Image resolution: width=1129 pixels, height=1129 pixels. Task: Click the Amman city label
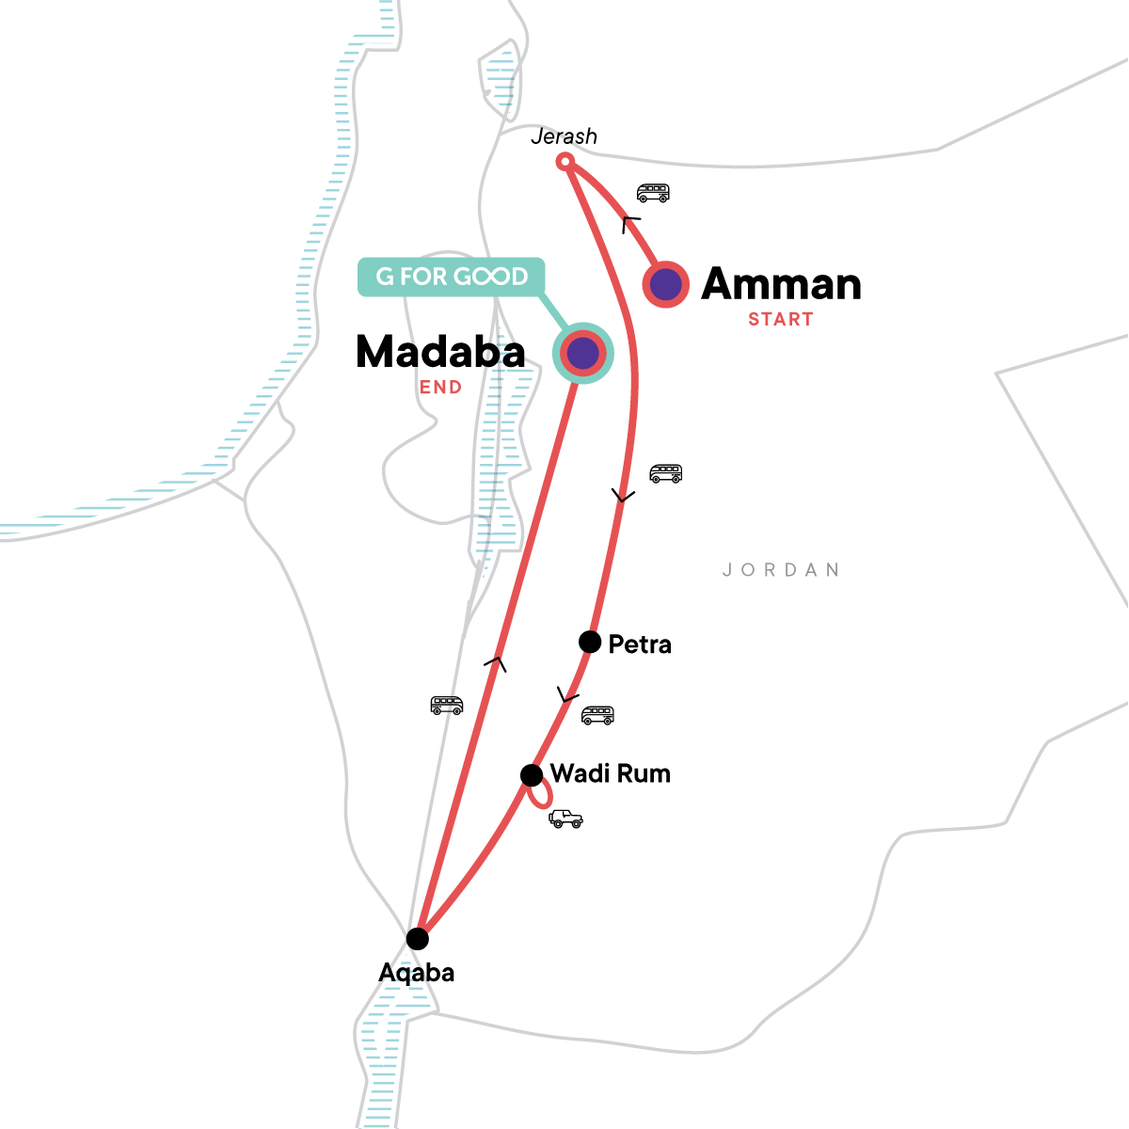coord(781,284)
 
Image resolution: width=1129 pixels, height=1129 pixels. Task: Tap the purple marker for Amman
coord(666,283)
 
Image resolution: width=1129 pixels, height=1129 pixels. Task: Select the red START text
coord(780,320)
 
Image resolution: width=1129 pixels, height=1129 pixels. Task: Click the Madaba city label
coord(440,353)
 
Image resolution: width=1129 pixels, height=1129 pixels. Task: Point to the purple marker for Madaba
coord(582,354)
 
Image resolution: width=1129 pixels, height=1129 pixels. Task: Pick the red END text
coord(440,388)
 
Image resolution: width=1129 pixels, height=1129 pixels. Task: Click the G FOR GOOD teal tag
coord(452,277)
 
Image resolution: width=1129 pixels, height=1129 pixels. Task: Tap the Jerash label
coord(564,136)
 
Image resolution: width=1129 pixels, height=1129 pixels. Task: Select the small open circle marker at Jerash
coord(564,162)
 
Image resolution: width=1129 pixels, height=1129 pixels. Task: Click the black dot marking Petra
coord(590,643)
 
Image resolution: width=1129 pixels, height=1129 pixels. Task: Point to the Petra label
coord(640,645)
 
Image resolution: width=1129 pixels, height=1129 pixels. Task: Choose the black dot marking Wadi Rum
coord(532,775)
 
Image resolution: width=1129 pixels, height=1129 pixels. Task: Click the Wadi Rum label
coord(610,774)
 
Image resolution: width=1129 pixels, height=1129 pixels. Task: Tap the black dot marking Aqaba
coord(417,939)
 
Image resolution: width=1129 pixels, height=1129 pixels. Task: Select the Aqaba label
coord(416,973)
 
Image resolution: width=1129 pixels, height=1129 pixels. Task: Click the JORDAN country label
coord(781,570)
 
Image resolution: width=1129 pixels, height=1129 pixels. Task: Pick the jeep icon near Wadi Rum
coord(565,819)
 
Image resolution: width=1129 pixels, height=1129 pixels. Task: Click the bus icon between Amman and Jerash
coord(653,193)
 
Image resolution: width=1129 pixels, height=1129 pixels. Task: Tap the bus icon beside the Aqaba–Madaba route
coord(447,705)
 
